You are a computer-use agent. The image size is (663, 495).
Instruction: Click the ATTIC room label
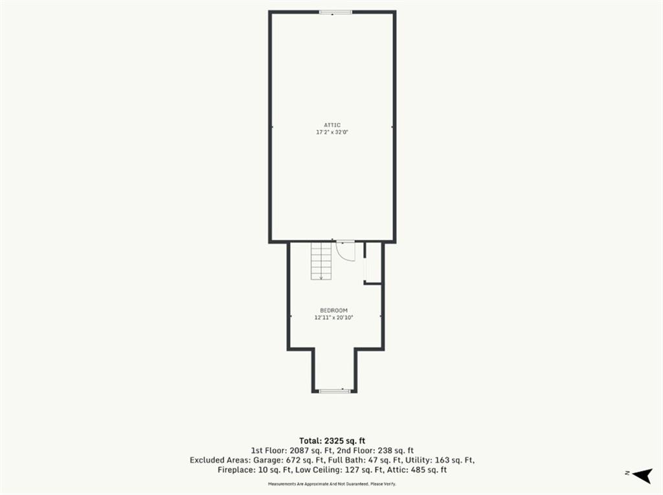(x=332, y=125)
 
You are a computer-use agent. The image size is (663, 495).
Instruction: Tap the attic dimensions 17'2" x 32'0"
(x=332, y=132)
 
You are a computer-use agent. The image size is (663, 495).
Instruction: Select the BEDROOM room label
(x=333, y=310)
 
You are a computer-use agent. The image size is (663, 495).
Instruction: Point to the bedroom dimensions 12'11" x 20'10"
(x=333, y=317)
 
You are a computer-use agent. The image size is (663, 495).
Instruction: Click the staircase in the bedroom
(x=321, y=260)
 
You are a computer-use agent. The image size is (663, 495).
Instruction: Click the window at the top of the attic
(x=335, y=12)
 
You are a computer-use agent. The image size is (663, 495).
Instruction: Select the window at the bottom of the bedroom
(x=335, y=391)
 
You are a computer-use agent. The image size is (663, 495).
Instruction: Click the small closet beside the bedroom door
(x=373, y=262)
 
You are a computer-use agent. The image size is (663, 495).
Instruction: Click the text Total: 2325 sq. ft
(x=332, y=441)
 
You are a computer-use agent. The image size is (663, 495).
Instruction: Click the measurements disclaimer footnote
(x=332, y=483)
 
